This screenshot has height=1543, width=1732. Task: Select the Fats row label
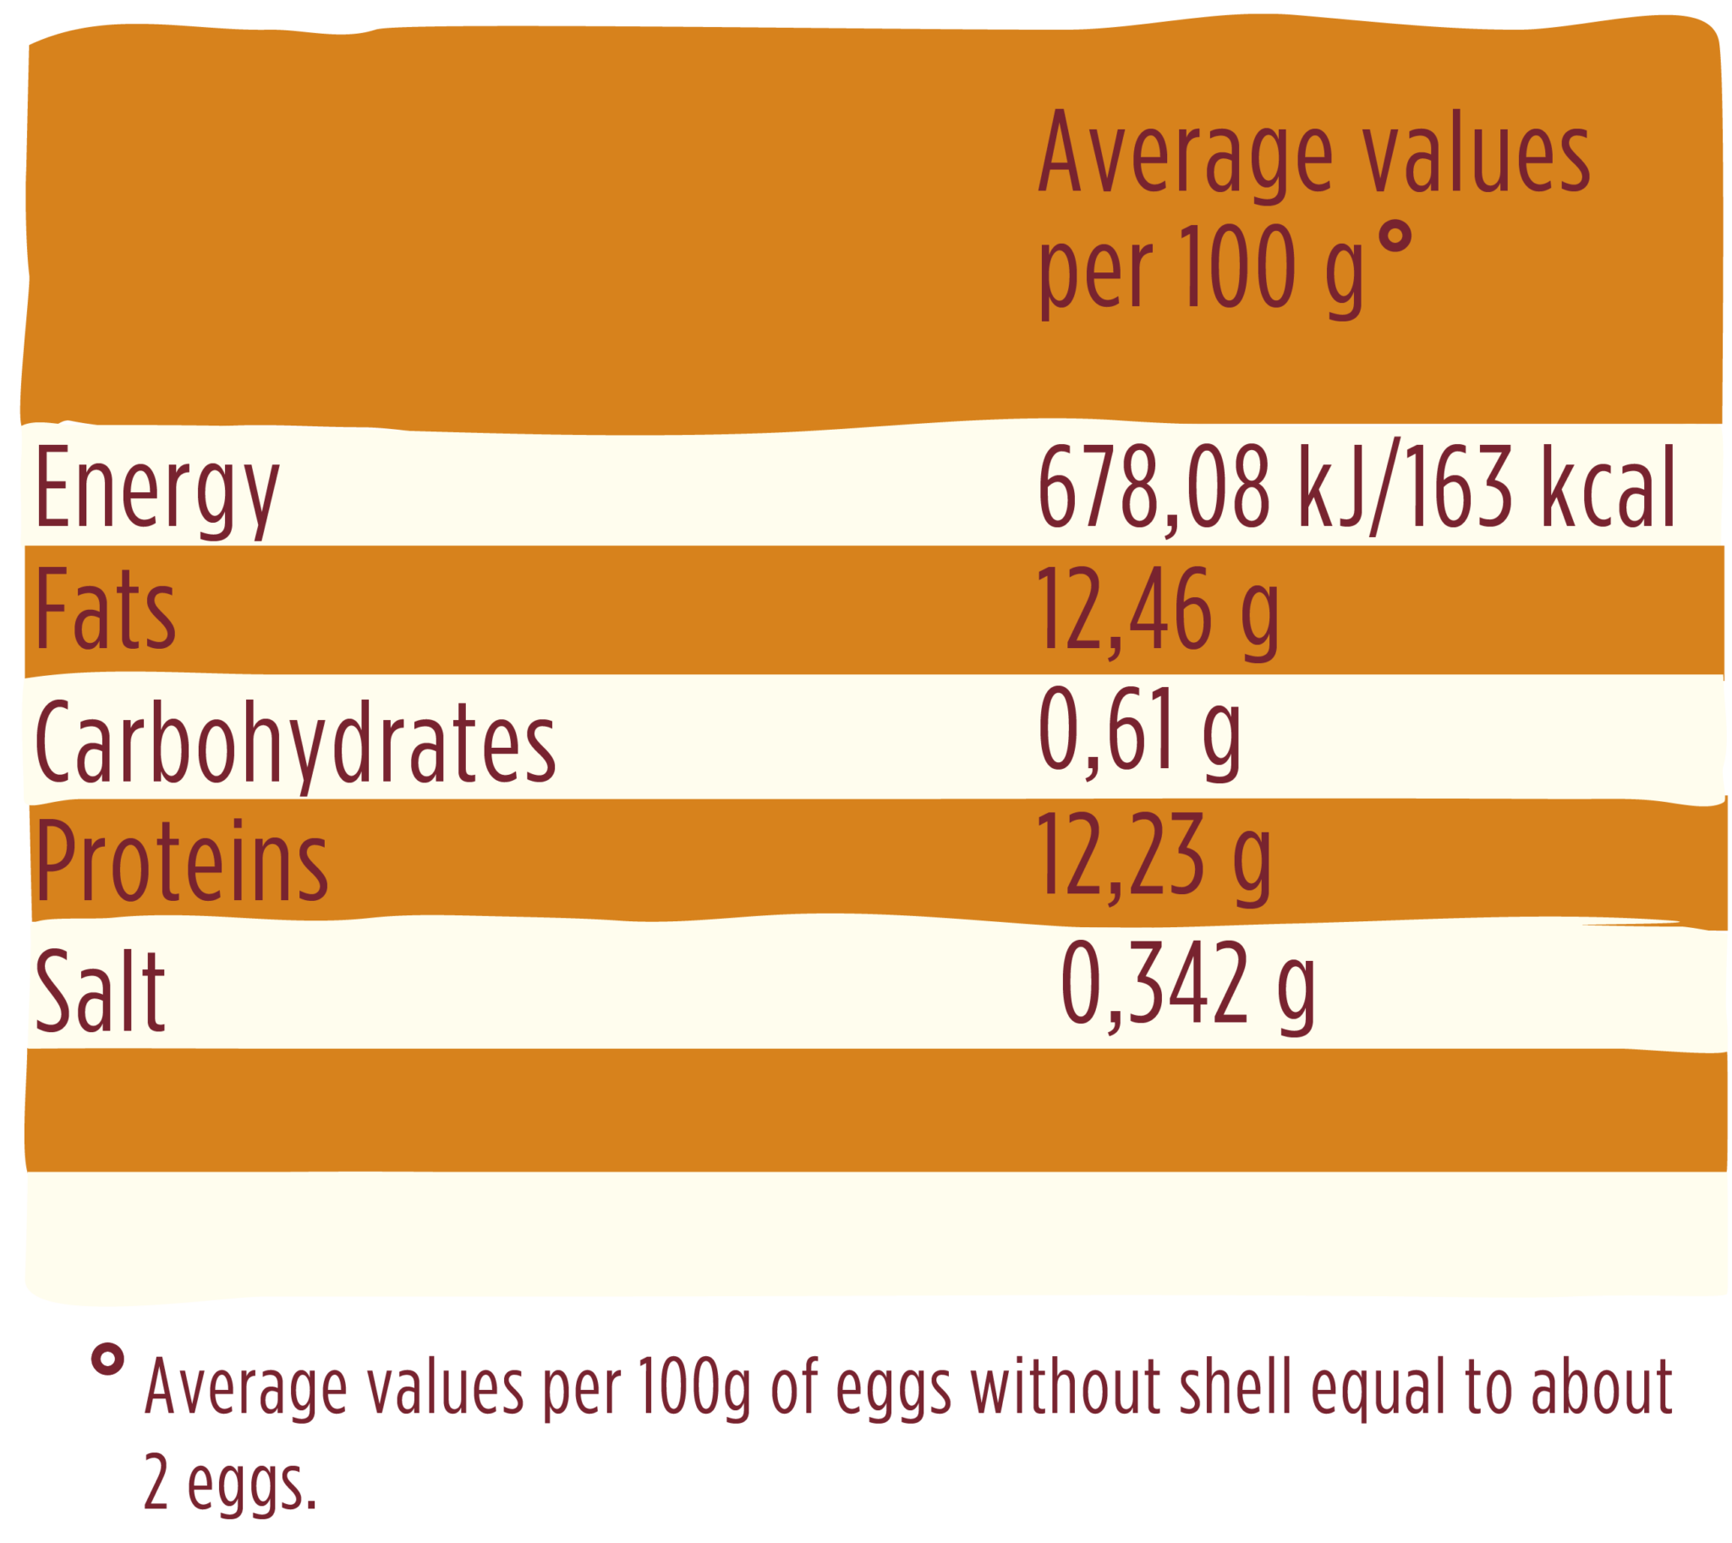(x=106, y=611)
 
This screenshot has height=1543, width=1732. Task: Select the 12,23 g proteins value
(x=1154, y=856)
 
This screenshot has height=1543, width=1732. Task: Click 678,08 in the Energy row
(x=1154, y=488)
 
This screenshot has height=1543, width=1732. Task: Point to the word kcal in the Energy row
(x=1608, y=488)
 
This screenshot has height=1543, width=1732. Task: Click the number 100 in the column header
(x=1239, y=268)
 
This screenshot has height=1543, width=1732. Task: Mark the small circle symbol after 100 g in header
(x=1395, y=237)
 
